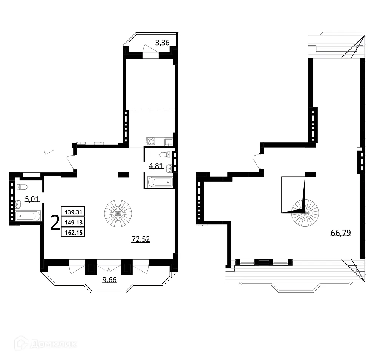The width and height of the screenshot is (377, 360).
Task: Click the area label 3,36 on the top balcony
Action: click(162, 43)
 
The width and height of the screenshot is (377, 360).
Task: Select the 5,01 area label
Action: click(32, 198)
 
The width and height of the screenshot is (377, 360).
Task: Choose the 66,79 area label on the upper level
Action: click(341, 233)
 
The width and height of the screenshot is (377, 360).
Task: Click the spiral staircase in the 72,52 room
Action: click(118, 212)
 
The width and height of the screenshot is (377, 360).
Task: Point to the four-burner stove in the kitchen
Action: click(150, 142)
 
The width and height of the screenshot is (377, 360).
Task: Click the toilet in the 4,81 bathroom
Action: click(164, 154)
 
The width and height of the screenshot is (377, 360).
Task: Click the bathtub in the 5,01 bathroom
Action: click(27, 216)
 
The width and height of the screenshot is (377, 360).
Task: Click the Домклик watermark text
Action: click(52, 344)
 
